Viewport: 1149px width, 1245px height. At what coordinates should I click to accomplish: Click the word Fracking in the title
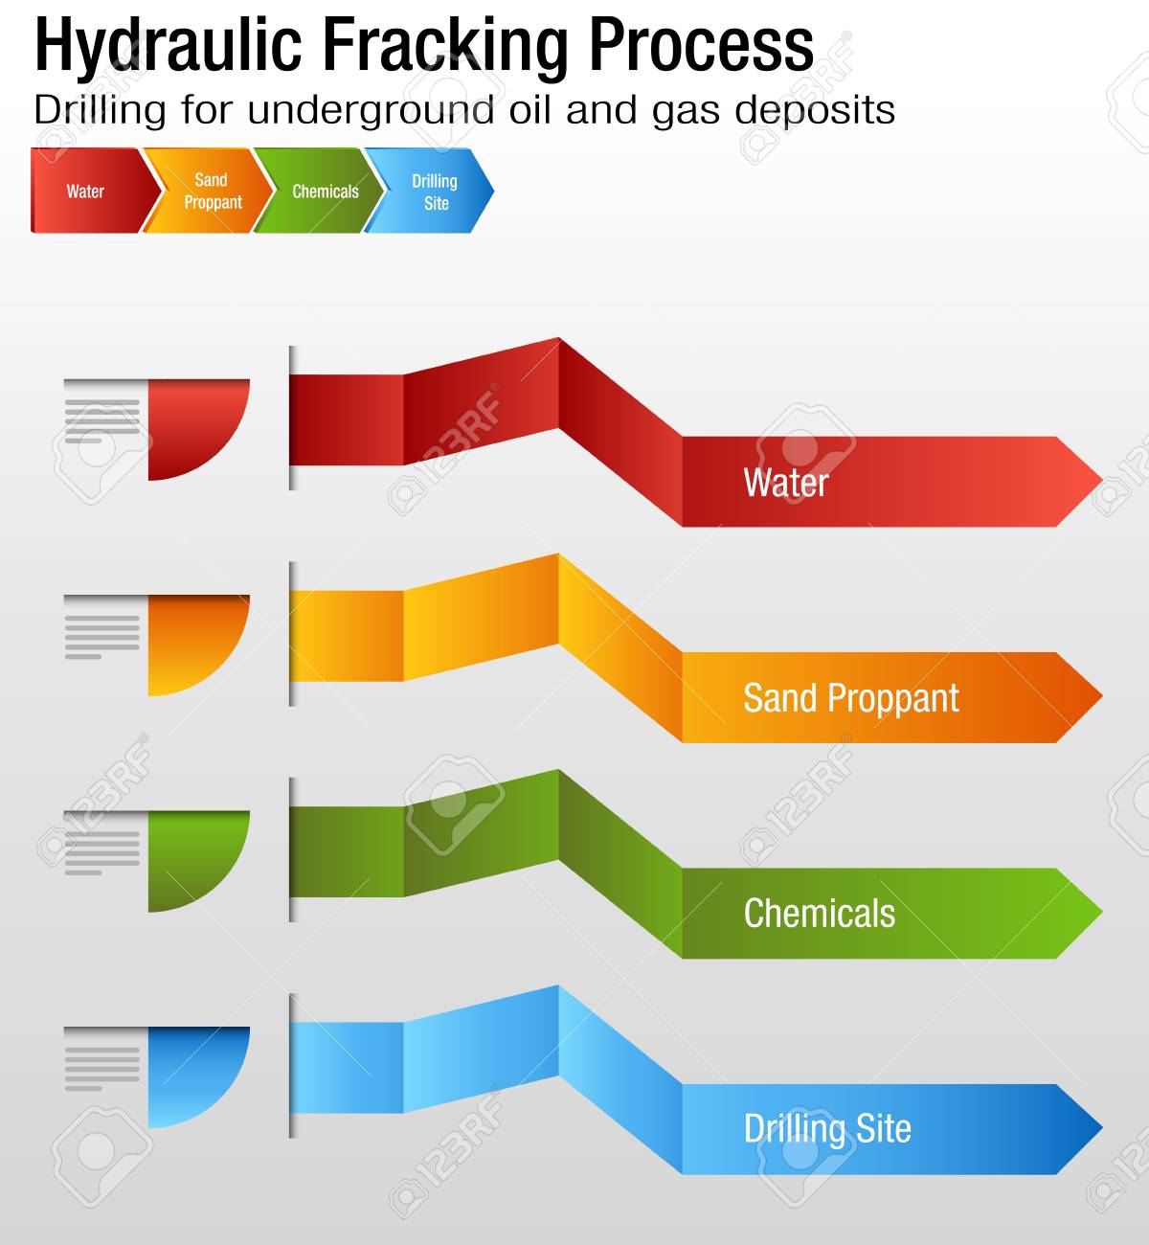click(445, 48)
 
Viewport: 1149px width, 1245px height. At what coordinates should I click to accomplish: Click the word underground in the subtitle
click(371, 112)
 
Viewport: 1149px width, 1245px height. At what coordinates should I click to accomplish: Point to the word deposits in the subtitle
click(814, 112)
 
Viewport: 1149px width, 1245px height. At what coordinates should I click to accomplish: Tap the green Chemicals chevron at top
click(321, 191)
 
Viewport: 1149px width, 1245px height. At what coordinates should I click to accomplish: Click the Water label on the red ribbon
click(786, 483)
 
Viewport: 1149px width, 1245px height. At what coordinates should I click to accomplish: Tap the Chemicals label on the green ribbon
click(820, 914)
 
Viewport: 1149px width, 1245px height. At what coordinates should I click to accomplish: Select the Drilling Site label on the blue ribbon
click(827, 1130)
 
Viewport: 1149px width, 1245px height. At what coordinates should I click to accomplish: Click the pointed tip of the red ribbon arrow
click(1102, 482)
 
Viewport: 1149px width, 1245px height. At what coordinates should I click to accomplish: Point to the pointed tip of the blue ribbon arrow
click(1102, 1129)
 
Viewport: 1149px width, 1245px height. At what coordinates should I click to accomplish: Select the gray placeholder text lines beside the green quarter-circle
click(102, 852)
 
